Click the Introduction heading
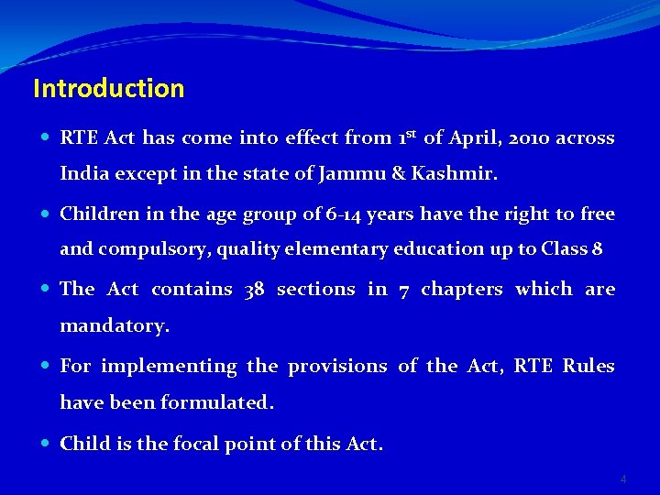[x=108, y=89]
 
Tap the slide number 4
[x=623, y=479]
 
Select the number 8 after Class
[x=598, y=248]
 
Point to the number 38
[x=254, y=290]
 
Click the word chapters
[x=461, y=290]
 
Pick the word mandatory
[x=115, y=324]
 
